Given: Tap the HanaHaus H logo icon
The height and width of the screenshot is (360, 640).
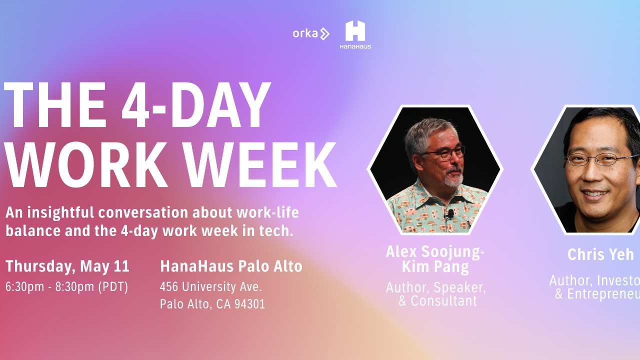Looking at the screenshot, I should tap(355, 31).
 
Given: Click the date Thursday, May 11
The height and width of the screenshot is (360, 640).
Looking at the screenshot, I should tap(67, 266).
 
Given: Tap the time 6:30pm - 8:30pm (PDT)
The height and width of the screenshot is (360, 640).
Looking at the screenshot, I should tap(67, 287).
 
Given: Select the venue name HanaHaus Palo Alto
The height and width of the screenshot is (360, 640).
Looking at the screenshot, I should tap(231, 266).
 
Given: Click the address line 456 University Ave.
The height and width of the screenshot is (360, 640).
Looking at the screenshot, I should tap(211, 287).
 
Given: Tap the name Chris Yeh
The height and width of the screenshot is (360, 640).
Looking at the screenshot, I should tap(600, 254).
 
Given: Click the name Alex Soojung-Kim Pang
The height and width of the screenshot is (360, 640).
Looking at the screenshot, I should tap(435, 259).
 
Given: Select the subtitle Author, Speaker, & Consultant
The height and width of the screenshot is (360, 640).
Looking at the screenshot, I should tap(435, 294).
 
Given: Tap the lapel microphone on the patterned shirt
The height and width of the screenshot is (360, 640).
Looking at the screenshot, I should tap(450, 214).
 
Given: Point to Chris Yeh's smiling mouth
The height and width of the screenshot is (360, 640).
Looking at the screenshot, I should tap(595, 193).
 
